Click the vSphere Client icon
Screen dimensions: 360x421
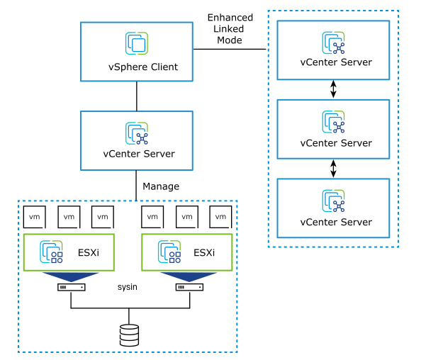click(x=137, y=43)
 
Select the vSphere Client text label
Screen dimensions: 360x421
click(x=139, y=67)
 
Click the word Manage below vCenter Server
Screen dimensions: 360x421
click(x=161, y=187)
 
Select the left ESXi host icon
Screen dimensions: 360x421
click(x=51, y=252)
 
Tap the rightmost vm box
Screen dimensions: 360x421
click(x=221, y=216)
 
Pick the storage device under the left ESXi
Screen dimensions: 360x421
click(x=71, y=288)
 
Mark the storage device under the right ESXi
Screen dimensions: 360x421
click(x=190, y=288)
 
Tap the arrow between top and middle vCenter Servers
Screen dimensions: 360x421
click(x=335, y=89)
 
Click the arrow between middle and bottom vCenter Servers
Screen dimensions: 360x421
click(x=335, y=169)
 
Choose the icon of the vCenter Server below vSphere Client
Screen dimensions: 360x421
click(x=137, y=133)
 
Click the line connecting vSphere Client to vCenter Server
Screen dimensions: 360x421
click(x=137, y=95)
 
